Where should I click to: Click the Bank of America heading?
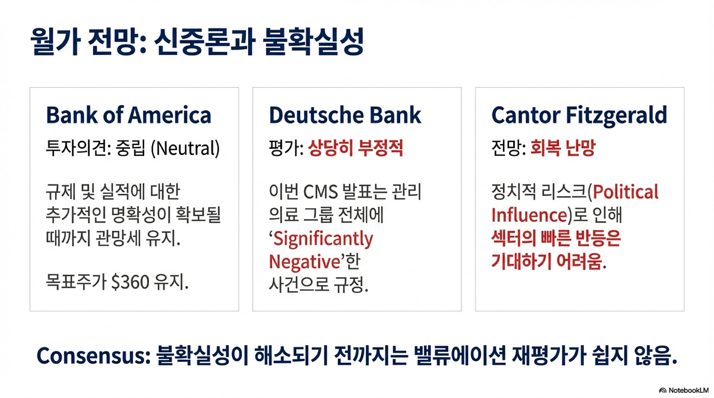point(129,115)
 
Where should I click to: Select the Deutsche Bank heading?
point(345,115)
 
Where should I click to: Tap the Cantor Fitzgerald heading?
point(579,116)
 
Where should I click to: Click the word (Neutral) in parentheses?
point(185,148)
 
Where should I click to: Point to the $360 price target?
point(130,282)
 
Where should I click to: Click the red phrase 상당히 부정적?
point(356,148)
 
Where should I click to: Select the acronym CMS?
point(321,192)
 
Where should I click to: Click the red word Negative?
point(305,262)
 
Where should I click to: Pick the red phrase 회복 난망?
point(563,148)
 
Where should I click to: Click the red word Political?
point(625,192)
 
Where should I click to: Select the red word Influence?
point(529,215)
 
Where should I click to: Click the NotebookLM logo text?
point(688,390)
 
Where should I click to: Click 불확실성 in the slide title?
point(313,41)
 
